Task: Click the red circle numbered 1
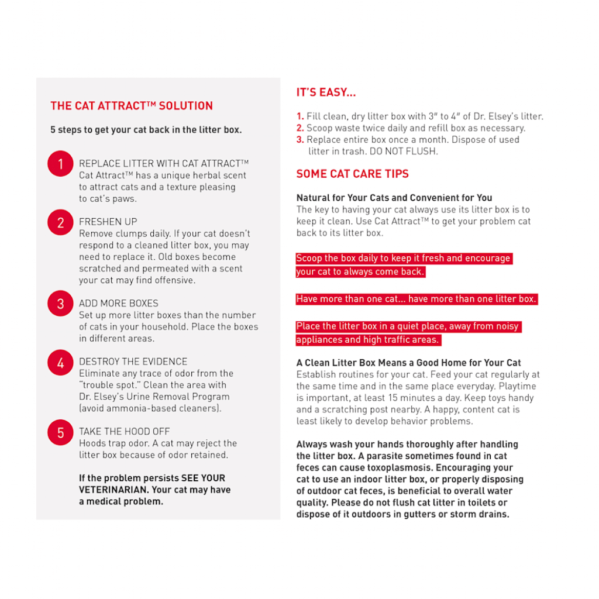pyautogui.click(x=60, y=164)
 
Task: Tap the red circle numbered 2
pyautogui.click(x=60, y=223)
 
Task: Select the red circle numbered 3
pyautogui.click(x=60, y=304)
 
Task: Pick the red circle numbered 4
pyautogui.click(x=60, y=363)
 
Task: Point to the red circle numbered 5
pyautogui.click(x=60, y=432)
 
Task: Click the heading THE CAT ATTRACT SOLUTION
pyautogui.click(x=132, y=106)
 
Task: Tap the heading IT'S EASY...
pyautogui.click(x=326, y=92)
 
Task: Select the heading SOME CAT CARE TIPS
pyautogui.click(x=352, y=174)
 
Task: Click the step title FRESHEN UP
pyautogui.click(x=108, y=222)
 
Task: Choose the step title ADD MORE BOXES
pyautogui.click(x=119, y=303)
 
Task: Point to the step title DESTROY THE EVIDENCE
pyautogui.click(x=133, y=362)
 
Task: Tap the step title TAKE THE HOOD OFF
pyautogui.click(x=125, y=432)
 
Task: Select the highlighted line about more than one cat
pyautogui.click(x=416, y=299)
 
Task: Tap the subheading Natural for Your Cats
pyautogui.click(x=394, y=198)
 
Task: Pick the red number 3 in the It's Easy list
pyautogui.click(x=300, y=140)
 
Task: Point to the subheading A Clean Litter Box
pyautogui.click(x=409, y=363)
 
